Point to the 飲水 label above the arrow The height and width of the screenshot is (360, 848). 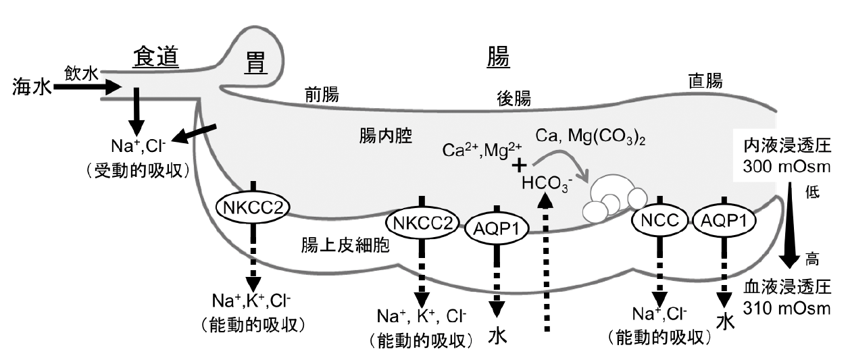coord(82,73)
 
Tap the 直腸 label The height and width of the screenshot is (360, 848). coord(704,82)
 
